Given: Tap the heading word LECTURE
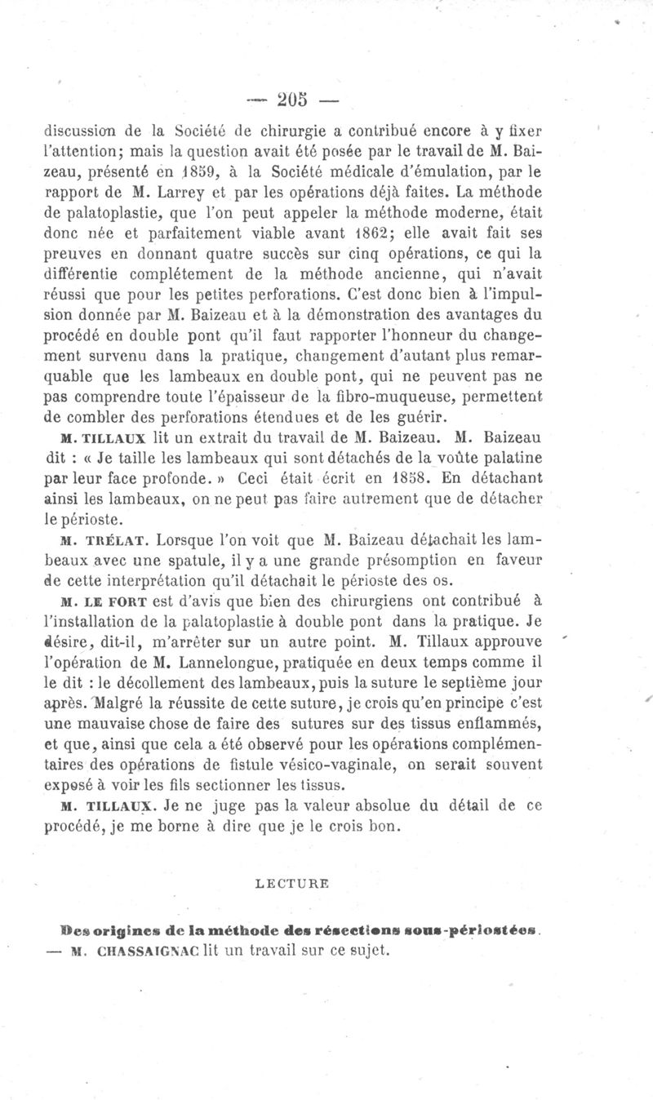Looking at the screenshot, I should pos(285,882).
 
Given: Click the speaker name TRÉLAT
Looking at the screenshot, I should pos(122,539).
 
